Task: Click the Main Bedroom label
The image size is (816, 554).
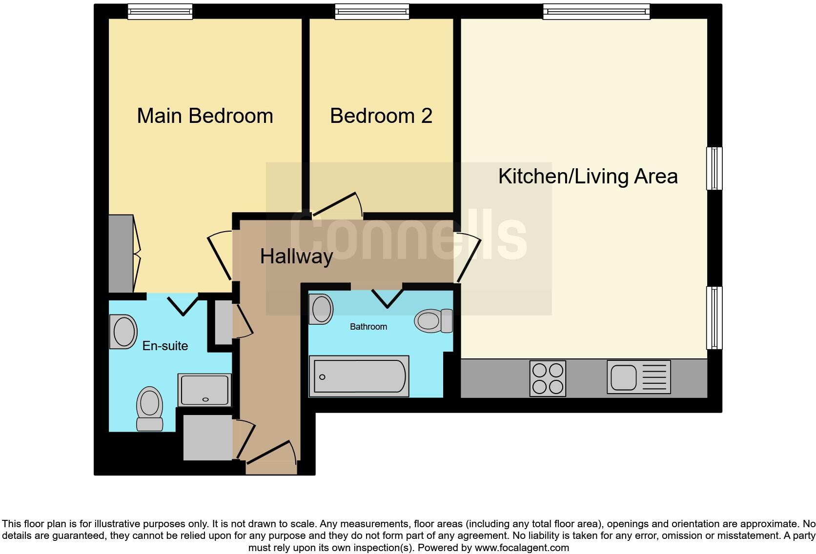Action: click(x=205, y=116)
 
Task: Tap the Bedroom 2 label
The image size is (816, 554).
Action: click(x=381, y=116)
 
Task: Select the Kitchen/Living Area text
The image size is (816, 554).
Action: click(x=588, y=176)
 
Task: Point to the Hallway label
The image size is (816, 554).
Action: click(x=296, y=257)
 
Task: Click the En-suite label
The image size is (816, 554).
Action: click(x=165, y=346)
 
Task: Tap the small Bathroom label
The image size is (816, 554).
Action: click(x=368, y=327)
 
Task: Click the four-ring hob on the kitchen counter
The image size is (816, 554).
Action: click(x=548, y=378)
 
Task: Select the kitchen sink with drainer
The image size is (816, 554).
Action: click(x=638, y=377)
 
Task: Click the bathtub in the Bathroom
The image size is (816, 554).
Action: click(x=359, y=376)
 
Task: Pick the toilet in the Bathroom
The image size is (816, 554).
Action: click(x=432, y=321)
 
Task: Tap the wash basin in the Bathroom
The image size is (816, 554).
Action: click(x=322, y=309)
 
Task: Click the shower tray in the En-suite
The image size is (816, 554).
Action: click(x=204, y=390)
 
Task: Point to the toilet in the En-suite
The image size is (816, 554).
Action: click(x=149, y=409)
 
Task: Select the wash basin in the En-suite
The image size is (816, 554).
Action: click(x=123, y=332)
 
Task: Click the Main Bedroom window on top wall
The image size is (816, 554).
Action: click(x=160, y=12)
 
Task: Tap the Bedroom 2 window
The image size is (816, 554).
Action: click(x=372, y=12)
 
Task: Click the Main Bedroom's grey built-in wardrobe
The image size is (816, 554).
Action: click(x=121, y=254)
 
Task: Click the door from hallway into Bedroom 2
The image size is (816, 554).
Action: click(x=337, y=204)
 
